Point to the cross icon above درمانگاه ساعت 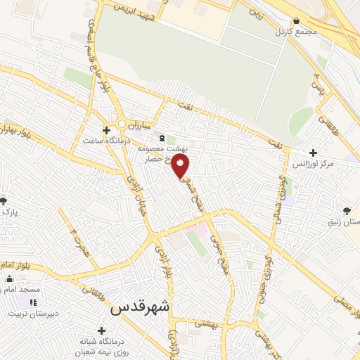pyautogui.click(x=107, y=129)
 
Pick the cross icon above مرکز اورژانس pyautogui.click(x=313, y=153)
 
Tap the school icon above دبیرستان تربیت pyautogui.click(x=32, y=302)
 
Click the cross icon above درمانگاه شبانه pyautogui.click(x=103, y=330)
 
